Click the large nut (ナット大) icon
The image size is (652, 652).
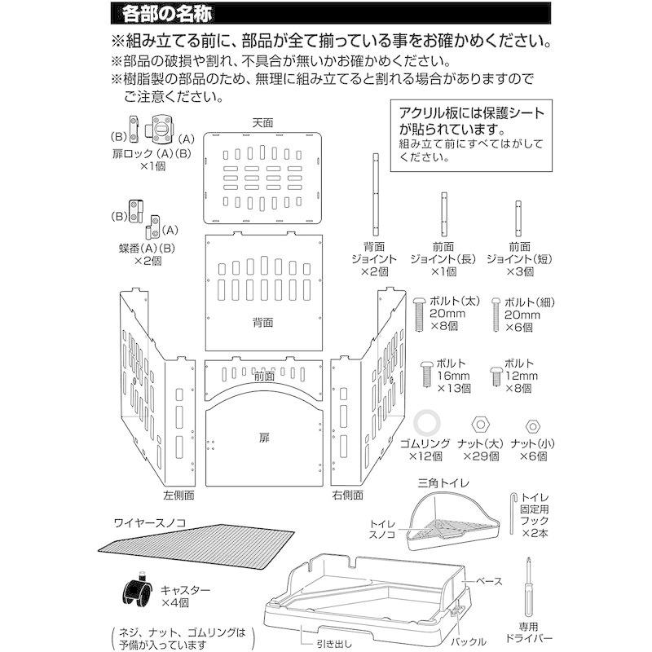[480, 425]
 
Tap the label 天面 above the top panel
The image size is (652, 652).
[262, 122]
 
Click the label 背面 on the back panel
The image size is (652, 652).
[262, 323]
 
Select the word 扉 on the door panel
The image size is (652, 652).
[263, 437]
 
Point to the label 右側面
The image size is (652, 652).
[348, 494]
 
